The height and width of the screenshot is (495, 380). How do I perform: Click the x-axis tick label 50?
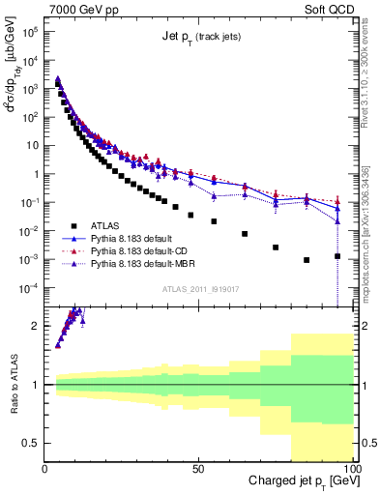point(198,469)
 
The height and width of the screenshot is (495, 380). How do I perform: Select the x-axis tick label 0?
point(45,469)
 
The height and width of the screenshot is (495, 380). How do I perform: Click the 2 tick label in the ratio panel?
point(36,326)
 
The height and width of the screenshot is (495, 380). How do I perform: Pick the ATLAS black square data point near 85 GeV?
point(307,260)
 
